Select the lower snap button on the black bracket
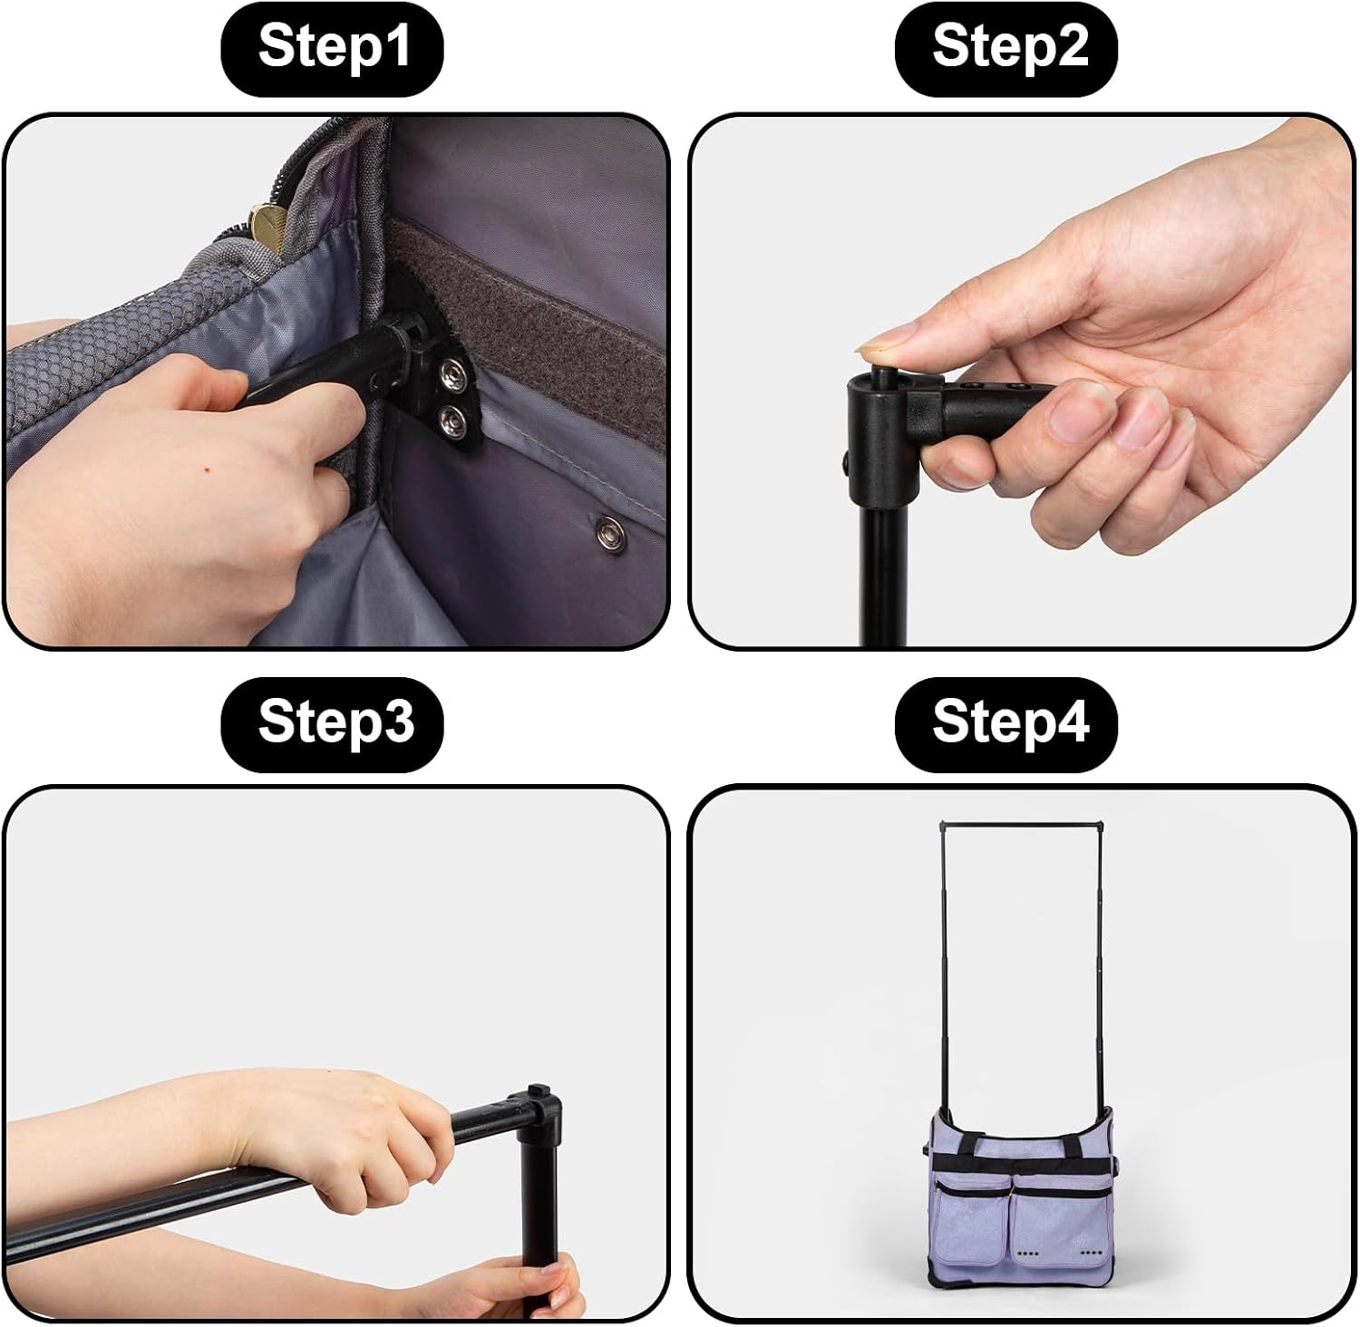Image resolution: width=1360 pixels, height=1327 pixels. pos(451,419)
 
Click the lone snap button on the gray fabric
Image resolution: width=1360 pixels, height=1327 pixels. pos(609,529)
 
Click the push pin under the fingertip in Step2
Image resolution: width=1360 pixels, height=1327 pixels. pos(880,372)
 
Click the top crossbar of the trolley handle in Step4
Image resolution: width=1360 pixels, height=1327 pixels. pos(1022,824)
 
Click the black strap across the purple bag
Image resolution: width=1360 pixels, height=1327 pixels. pos(1020,1163)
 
